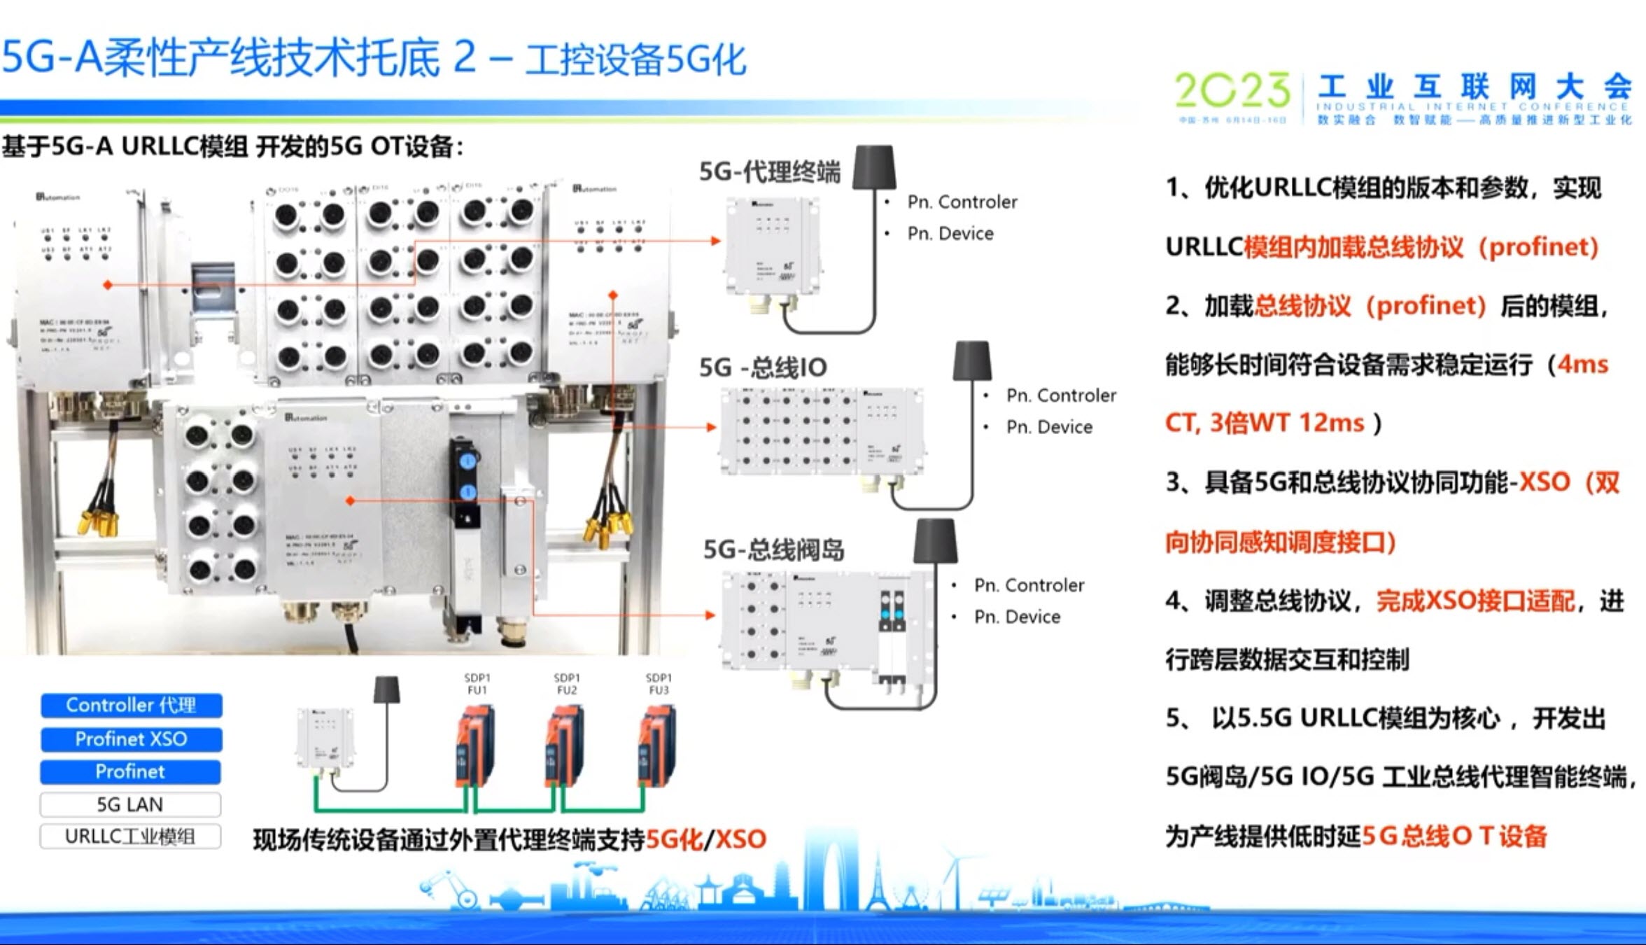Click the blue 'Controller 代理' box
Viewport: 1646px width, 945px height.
(131, 705)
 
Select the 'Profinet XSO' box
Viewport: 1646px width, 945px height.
(131, 738)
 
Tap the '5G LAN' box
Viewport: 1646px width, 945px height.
(130, 804)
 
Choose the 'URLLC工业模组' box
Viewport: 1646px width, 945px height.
(130, 836)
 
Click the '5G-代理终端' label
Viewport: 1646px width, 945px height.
(770, 171)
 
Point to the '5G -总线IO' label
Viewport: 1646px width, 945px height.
(763, 367)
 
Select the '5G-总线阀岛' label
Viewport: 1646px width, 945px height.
(773, 550)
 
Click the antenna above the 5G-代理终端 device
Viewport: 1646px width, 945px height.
(874, 167)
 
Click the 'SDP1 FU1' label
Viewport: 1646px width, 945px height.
(477, 684)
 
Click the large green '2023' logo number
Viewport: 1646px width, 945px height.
(1232, 91)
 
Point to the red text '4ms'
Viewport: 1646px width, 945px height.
(1583, 365)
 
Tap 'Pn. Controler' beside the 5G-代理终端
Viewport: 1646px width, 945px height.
(962, 202)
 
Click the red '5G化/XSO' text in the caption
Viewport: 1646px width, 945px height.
(706, 839)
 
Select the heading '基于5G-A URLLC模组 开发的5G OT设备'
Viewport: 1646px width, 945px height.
(232, 147)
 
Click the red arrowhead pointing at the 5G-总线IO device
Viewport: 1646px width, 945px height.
(712, 427)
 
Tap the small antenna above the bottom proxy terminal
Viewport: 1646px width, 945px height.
(387, 689)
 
